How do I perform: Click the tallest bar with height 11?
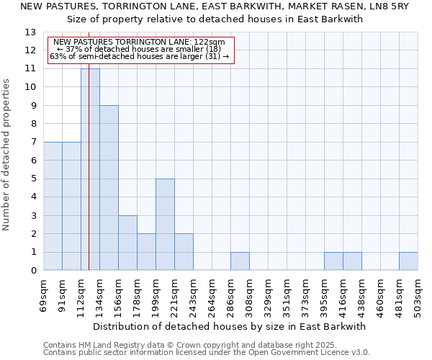pyautogui.click(x=90, y=169)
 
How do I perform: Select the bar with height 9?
pyautogui.click(x=109, y=188)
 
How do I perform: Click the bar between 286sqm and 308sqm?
pyautogui.click(x=240, y=261)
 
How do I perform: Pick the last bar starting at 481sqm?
pyautogui.click(x=408, y=261)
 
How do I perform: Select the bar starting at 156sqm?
pyautogui.click(x=127, y=243)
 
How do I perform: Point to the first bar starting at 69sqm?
pyautogui.click(x=53, y=206)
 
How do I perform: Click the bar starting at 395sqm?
pyautogui.click(x=333, y=261)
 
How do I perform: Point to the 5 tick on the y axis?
pyautogui.click(x=33, y=179)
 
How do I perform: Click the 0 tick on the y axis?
pyautogui.click(x=33, y=271)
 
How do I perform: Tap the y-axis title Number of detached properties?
pyautogui.click(x=7, y=155)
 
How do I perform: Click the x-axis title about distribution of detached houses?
pyautogui.click(x=230, y=326)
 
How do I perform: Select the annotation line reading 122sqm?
pyautogui.click(x=140, y=42)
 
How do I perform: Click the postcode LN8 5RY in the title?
pyautogui.click(x=388, y=6)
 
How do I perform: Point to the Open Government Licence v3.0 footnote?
pyautogui.click(x=288, y=353)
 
